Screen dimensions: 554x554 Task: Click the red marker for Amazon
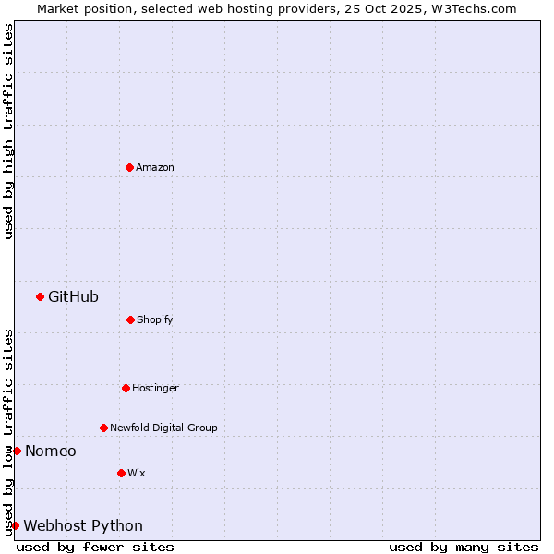(129, 167)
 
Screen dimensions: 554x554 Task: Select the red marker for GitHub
(40, 296)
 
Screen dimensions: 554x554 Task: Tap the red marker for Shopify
(130, 319)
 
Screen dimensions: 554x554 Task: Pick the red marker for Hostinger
(126, 388)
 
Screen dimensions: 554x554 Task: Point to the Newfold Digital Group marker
(103, 428)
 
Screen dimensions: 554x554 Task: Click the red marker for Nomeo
(17, 451)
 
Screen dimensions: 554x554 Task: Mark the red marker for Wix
(121, 473)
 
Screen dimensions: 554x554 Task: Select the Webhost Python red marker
(15, 525)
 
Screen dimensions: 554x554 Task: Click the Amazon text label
(155, 167)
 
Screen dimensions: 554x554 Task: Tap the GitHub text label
(73, 296)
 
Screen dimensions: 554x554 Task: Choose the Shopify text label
(155, 319)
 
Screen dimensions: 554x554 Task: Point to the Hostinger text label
(155, 388)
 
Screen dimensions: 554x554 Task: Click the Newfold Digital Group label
(163, 428)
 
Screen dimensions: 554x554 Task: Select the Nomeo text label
(51, 451)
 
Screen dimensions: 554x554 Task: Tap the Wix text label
(137, 473)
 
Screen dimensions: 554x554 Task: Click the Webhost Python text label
(83, 525)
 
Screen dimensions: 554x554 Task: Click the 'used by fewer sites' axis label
(95, 547)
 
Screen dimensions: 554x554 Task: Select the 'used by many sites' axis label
(464, 547)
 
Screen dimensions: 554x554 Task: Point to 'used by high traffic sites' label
(8, 131)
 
